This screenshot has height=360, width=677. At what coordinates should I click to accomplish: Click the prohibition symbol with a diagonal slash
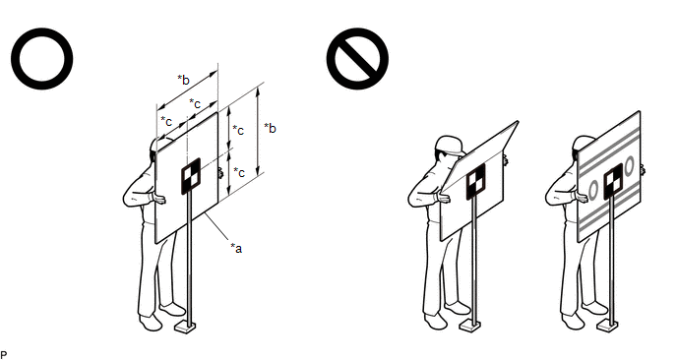coord(357,59)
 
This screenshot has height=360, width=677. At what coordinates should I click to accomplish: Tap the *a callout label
coord(236,248)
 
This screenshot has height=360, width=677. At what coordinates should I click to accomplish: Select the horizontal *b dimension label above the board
coord(183,80)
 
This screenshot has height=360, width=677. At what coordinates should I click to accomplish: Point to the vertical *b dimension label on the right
coord(270,128)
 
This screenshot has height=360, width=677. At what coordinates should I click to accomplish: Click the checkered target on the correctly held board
coord(191,176)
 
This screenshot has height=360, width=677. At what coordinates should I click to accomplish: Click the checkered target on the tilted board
coord(476,181)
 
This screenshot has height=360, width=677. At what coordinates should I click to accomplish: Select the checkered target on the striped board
coord(613,181)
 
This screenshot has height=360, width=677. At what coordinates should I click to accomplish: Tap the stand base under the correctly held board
coord(185,327)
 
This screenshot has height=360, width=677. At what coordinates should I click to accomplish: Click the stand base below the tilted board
coord(470,326)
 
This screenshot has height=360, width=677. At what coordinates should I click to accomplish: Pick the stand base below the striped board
coord(607,326)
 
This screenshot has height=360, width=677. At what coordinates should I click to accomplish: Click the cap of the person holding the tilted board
coord(449,145)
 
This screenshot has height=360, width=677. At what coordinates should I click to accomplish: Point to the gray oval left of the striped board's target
coord(593,190)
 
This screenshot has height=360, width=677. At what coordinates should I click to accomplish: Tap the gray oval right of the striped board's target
coord(629,165)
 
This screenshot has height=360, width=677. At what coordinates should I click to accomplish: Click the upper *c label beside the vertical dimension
coord(238,130)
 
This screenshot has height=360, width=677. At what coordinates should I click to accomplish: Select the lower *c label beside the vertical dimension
coord(239,172)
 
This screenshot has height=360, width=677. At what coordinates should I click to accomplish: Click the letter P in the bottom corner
coord(4,355)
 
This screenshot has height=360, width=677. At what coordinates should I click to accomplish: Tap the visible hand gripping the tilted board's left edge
coord(443,198)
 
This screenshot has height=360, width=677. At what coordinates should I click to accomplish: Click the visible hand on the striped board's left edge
coord(580,198)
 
